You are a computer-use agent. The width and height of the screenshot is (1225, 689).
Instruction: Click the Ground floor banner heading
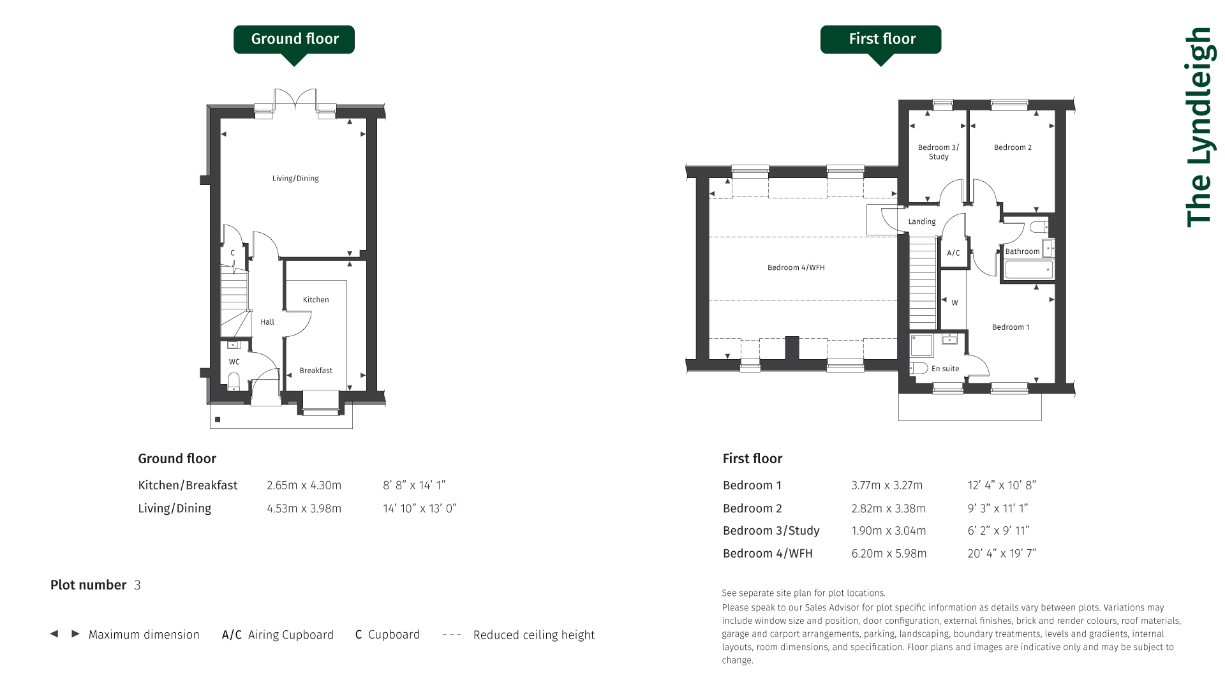tap(295, 39)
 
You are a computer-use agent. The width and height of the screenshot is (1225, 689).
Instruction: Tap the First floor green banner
tap(880, 40)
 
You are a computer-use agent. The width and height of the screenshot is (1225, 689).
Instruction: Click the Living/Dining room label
tap(295, 178)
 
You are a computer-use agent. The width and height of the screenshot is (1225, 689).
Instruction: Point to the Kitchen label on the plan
tap(316, 299)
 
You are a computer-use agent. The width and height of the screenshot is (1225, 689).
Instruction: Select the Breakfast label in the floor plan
tap(316, 370)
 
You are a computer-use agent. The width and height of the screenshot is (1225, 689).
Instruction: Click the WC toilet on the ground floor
tap(234, 380)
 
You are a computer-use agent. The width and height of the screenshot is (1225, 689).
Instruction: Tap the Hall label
tap(267, 322)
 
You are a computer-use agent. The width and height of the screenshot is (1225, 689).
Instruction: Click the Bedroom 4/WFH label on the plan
tap(796, 267)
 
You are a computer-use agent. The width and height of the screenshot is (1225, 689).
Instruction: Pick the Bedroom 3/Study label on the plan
tap(938, 152)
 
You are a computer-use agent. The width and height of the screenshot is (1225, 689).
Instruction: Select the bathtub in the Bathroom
tap(1028, 270)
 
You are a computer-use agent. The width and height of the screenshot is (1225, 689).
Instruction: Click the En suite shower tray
tap(922, 345)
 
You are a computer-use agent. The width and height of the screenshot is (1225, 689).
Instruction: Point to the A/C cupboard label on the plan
tap(953, 253)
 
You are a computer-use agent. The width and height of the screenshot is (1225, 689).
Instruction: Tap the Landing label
tap(922, 221)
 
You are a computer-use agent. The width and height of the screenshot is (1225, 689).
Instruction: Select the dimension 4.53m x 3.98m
tap(304, 508)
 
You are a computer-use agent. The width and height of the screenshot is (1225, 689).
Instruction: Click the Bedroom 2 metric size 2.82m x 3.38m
tap(888, 508)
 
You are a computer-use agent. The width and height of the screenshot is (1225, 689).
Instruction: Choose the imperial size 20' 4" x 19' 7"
tap(1002, 553)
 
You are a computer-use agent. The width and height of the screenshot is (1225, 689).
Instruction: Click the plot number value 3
tap(137, 585)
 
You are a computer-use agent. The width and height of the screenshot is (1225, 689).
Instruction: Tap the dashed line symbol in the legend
tap(452, 634)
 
